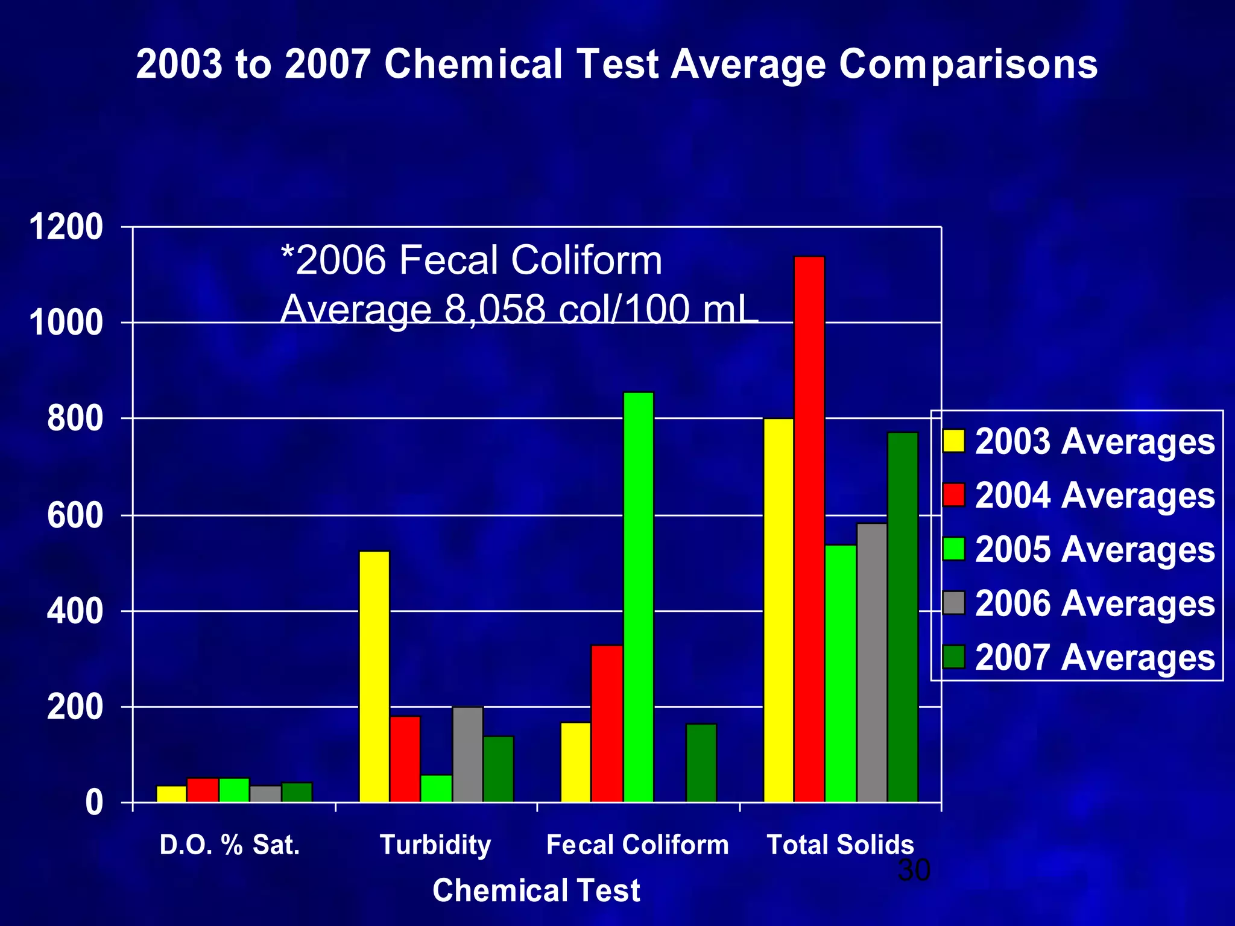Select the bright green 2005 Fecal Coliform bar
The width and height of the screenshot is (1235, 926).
638,597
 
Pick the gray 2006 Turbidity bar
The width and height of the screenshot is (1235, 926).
467,754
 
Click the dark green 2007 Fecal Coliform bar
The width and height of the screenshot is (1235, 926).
701,763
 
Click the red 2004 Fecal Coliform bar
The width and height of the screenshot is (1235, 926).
607,723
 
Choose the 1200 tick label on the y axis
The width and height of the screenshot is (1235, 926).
66,228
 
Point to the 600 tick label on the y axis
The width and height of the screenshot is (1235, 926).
75,516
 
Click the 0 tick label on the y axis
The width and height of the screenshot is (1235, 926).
93,803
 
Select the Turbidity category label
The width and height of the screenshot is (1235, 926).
435,845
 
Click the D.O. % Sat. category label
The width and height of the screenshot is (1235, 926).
229,845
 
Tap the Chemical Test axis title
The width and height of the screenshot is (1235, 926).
536,890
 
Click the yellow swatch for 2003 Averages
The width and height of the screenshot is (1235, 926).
953,441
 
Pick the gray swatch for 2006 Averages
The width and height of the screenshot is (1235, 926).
953,603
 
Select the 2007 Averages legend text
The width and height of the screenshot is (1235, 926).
1094,657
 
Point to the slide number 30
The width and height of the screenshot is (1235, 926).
914,870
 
